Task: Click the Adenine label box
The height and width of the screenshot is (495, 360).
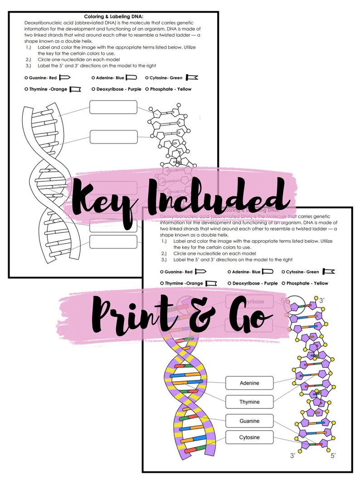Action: (x=249, y=383)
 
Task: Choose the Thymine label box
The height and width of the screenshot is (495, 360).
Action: (x=249, y=402)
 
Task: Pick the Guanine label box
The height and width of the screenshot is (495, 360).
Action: (x=249, y=421)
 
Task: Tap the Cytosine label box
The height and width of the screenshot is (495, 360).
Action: (x=249, y=437)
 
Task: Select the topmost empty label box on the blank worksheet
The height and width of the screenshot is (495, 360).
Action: (x=113, y=107)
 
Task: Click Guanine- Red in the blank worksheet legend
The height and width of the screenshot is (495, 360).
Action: (x=43, y=78)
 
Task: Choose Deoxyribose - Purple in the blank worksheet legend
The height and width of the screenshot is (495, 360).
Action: (x=116, y=89)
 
